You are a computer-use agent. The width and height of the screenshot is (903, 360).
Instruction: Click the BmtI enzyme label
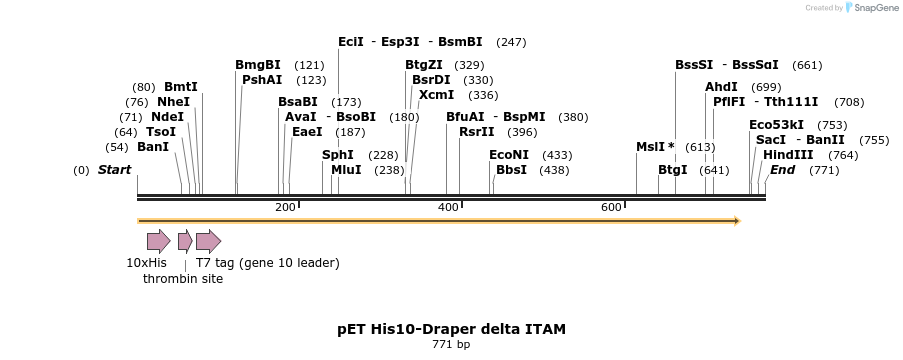(x=181, y=87)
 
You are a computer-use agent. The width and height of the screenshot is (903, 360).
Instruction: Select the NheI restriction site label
(x=173, y=102)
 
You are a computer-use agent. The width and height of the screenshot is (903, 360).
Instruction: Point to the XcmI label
(x=436, y=95)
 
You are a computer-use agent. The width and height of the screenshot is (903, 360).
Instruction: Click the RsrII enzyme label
(x=476, y=132)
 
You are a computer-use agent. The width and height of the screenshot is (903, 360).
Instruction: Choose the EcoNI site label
(x=508, y=155)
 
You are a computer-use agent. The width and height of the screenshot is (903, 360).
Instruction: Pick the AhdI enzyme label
(x=721, y=87)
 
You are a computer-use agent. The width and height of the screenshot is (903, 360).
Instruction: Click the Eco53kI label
(x=776, y=125)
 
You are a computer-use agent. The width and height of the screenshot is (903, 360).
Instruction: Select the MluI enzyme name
(x=346, y=170)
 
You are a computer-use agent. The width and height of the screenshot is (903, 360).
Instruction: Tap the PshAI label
(x=262, y=80)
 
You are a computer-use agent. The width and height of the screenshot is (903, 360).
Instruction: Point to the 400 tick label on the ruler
(x=448, y=207)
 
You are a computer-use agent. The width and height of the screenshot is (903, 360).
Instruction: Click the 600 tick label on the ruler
(x=611, y=207)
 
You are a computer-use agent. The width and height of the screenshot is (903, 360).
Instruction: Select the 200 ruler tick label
(x=285, y=207)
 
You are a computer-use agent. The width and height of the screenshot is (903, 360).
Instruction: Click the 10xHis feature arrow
(x=158, y=241)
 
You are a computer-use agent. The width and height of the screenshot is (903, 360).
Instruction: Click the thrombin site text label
(x=183, y=279)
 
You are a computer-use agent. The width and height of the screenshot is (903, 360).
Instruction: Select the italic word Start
(x=114, y=170)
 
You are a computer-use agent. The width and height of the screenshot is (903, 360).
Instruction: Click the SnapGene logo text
(x=874, y=8)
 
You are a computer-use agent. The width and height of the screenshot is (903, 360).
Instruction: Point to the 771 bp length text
(x=450, y=345)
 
